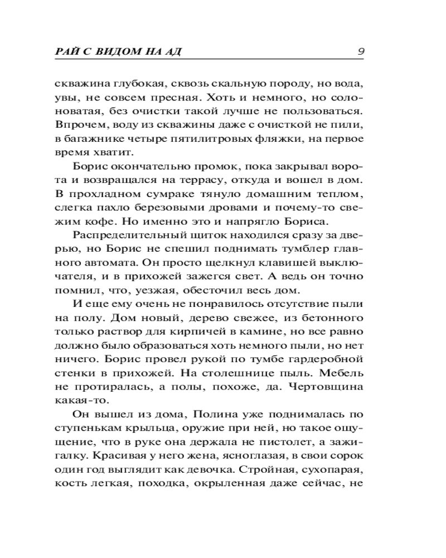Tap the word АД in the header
176,52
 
